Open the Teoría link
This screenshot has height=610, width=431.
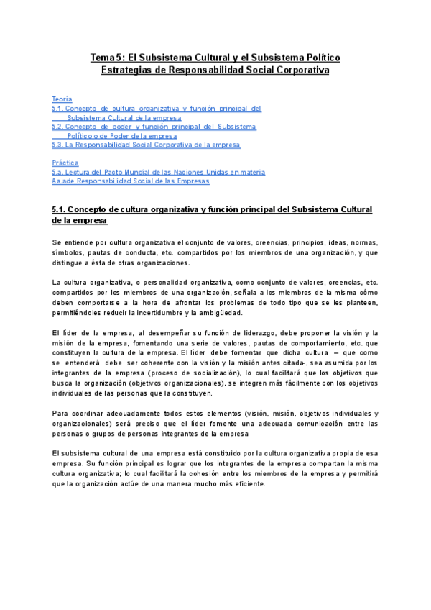pos(62,99)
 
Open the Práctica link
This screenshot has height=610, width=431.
pos(65,163)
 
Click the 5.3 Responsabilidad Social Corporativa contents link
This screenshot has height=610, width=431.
pos(146,145)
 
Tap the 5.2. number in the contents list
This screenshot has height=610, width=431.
pos(59,127)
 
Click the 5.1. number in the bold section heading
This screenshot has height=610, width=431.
pos(59,209)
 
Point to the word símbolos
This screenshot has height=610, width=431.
pos(68,253)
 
